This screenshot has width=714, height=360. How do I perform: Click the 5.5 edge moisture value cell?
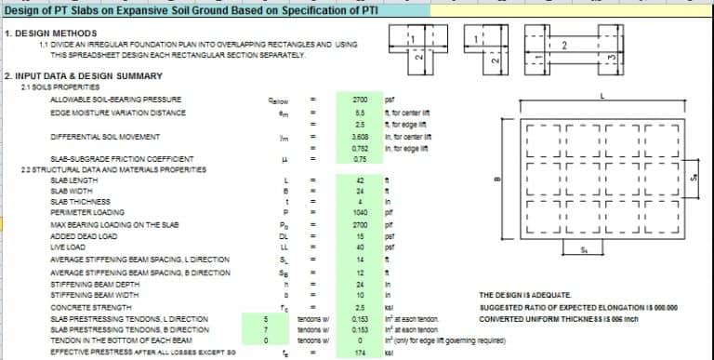pos(363,112)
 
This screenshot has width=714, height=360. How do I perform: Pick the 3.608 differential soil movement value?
pos(363,136)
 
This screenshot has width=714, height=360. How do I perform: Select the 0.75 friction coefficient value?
pos(363,159)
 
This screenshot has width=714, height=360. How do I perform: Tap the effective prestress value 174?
pos(363,353)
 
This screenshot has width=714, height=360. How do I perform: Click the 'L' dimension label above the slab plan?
pos(604,97)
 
